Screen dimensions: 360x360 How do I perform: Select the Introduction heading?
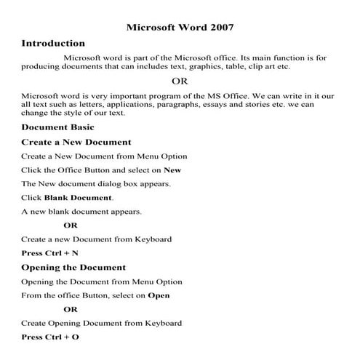(x=53, y=44)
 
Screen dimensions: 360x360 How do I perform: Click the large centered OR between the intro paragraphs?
(x=180, y=81)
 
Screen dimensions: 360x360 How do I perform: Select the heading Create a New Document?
(x=76, y=142)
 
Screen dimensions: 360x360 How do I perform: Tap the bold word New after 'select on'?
(x=172, y=169)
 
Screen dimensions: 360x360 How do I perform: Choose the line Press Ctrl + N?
(x=50, y=253)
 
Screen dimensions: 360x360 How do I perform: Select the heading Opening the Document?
(x=73, y=267)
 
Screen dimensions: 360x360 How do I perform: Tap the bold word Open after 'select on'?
(x=159, y=295)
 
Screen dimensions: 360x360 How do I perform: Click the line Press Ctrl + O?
(x=50, y=337)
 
